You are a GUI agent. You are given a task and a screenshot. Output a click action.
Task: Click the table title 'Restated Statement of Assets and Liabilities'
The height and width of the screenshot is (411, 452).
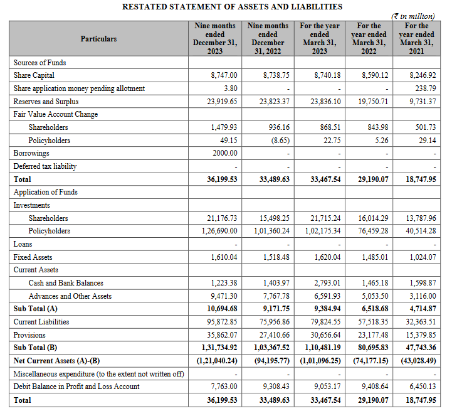pyautogui.click(x=232, y=6)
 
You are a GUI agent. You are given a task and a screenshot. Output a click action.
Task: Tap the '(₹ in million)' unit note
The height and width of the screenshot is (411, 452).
pyautogui.click(x=413, y=16)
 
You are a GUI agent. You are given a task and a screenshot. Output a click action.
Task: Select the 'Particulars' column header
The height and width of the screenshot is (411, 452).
pyautogui.click(x=98, y=38)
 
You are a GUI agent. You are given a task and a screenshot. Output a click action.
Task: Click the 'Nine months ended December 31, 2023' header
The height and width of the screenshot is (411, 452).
pyautogui.click(x=214, y=38)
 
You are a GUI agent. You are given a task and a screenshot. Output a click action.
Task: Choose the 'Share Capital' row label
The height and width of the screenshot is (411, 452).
pyautogui.click(x=34, y=75)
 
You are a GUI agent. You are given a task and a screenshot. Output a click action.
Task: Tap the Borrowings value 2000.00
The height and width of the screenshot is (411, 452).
pyautogui.click(x=225, y=153)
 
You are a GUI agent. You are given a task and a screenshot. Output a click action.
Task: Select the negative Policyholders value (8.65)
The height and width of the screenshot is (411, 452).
pyautogui.click(x=279, y=141)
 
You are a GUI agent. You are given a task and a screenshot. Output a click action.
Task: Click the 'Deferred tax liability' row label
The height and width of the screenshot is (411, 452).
pyautogui.click(x=45, y=166)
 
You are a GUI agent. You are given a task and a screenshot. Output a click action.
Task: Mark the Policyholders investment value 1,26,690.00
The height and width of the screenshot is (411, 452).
pyautogui.click(x=219, y=231)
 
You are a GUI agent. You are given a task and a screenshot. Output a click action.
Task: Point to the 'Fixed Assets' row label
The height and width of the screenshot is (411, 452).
pyautogui.click(x=33, y=257)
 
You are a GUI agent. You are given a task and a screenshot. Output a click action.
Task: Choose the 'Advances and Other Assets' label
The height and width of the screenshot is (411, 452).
pyautogui.click(x=70, y=296)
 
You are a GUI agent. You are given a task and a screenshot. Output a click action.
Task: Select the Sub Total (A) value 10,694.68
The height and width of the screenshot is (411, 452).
pyautogui.click(x=222, y=309)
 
